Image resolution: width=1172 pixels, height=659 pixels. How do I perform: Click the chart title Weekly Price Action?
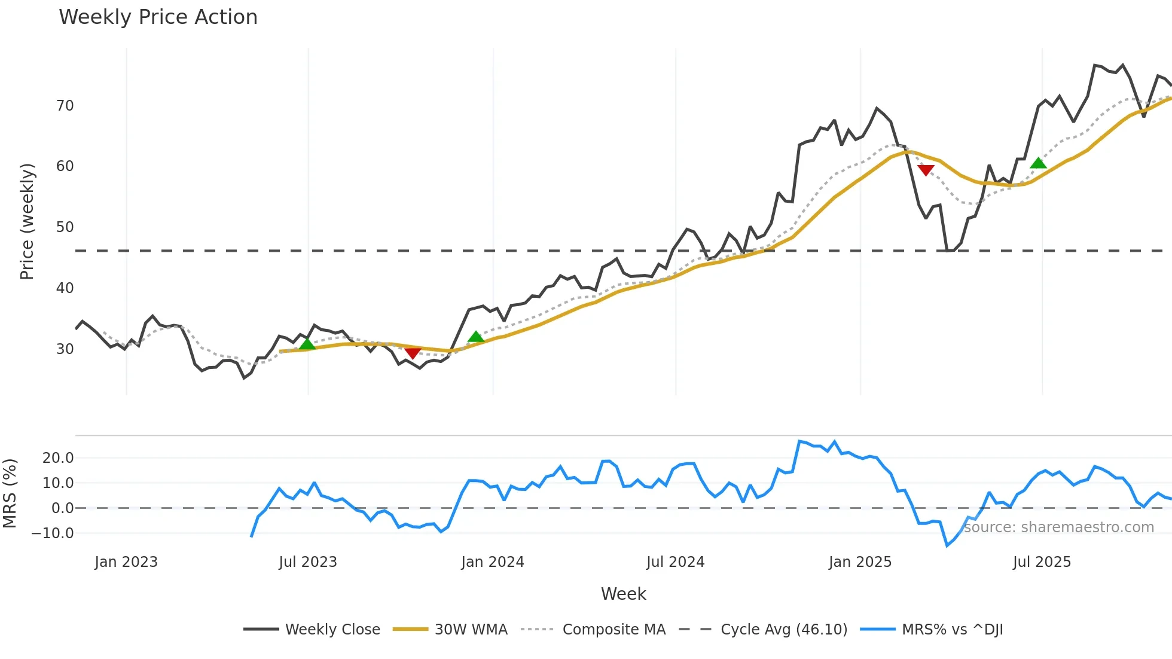158,17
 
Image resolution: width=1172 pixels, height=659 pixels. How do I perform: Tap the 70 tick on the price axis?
65,106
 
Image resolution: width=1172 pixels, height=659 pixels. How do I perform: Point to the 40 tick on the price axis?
65,288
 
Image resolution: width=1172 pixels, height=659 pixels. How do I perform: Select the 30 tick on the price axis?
65,349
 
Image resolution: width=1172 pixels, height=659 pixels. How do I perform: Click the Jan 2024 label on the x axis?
493,562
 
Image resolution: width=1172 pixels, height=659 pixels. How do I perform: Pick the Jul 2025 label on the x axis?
1042,562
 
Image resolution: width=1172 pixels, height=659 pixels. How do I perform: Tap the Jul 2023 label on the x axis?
308,562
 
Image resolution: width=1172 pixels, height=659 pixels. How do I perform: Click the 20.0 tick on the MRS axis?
58,458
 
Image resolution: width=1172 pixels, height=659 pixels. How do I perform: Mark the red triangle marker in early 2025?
926,170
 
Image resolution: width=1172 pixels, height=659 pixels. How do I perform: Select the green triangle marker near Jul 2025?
1039,163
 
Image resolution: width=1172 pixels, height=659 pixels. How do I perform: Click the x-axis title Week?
623,594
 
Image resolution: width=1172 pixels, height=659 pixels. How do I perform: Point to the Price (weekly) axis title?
27,221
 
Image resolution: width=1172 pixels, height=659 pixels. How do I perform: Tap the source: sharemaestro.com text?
1058,527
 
